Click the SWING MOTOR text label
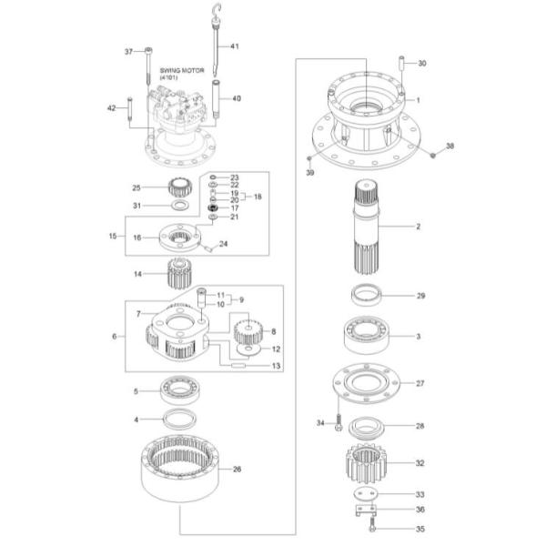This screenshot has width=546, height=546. tap(181, 70)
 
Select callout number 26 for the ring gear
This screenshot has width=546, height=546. tap(238, 470)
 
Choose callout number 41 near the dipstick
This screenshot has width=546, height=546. tap(234, 45)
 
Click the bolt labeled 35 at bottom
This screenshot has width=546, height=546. tap(372, 525)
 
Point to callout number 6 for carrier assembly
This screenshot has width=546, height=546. tap(115, 337)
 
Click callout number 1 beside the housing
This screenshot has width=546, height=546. tap(419, 99)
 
